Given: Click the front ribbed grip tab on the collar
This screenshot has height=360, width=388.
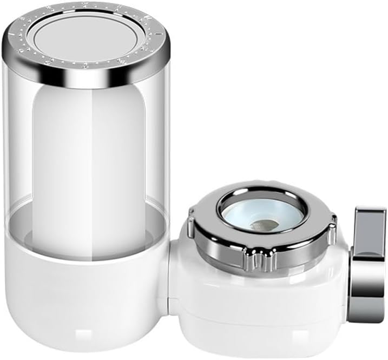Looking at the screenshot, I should click(x=255, y=261).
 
